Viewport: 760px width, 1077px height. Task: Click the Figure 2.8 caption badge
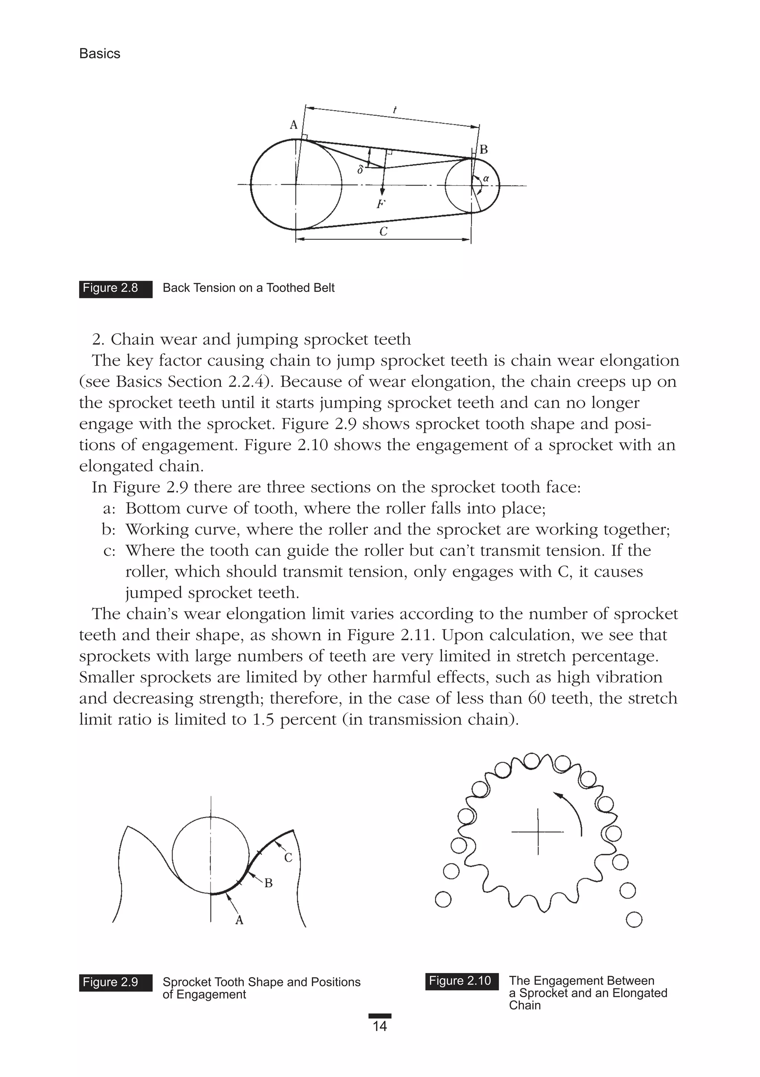(115, 288)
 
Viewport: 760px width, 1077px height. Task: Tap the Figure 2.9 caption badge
(115, 982)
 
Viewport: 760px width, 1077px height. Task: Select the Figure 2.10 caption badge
(462, 981)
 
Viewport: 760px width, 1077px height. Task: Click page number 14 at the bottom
(380, 1026)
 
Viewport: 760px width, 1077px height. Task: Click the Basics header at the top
(99, 54)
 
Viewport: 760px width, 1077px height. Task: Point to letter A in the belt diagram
(294, 125)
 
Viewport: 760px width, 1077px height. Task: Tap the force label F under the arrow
(381, 204)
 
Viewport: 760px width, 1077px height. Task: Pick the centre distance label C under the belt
(383, 231)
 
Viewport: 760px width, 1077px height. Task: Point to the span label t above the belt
(395, 110)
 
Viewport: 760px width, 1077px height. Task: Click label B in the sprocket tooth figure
(268, 883)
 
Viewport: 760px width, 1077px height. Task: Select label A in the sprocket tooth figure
(239, 920)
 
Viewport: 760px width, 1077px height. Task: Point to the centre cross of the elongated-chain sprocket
(538, 832)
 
